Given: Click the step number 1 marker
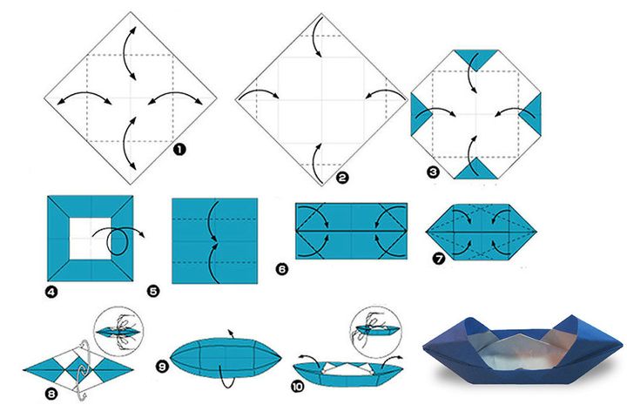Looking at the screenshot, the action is click(179, 150).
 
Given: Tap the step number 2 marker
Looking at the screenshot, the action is click(342, 177).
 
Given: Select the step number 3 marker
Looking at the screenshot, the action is click(433, 172).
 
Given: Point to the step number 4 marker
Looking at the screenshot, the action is click(51, 292).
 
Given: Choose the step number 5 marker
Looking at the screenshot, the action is click(153, 291).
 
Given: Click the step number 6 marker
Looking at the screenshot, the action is click(281, 269).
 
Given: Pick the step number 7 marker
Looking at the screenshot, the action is click(439, 259).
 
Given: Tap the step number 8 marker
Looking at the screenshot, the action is click(51, 394).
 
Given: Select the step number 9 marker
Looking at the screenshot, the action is click(162, 367).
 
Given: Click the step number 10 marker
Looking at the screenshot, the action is click(298, 387).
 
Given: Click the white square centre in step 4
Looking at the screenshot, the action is click(91, 239).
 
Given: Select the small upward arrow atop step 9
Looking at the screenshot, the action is click(230, 334).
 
